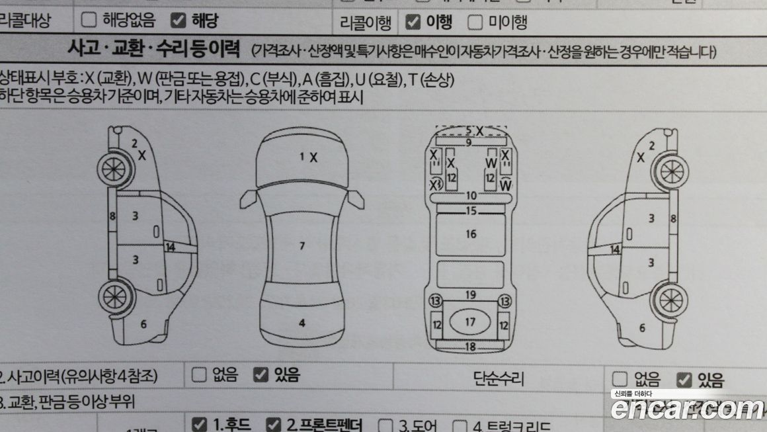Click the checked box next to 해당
pyautogui.click(x=177, y=21)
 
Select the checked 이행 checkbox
pyautogui.click(x=413, y=22)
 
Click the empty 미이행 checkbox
pyautogui.click(x=475, y=23)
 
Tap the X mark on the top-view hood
pyautogui.click(x=314, y=157)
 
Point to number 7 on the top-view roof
pyautogui.click(x=302, y=246)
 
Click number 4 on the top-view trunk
pyautogui.click(x=302, y=324)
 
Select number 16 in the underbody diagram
pyautogui.click(x=471, y=234)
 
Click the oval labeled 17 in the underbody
pyautogui.click(x=470, y=322)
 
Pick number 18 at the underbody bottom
pyautogui.click(x=470, y=347)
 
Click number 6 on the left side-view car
pyautogui.click(x=143, y=324)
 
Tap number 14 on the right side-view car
pyautogui.click(x=615, y=249)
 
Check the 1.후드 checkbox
pyautogui.click(x=198, y=423)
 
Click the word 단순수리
pyautogui.click(x=499, y=379)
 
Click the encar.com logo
pyautogui.click(x=688, y=410)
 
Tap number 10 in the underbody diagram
pyautogui.click(x=471, y=196)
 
